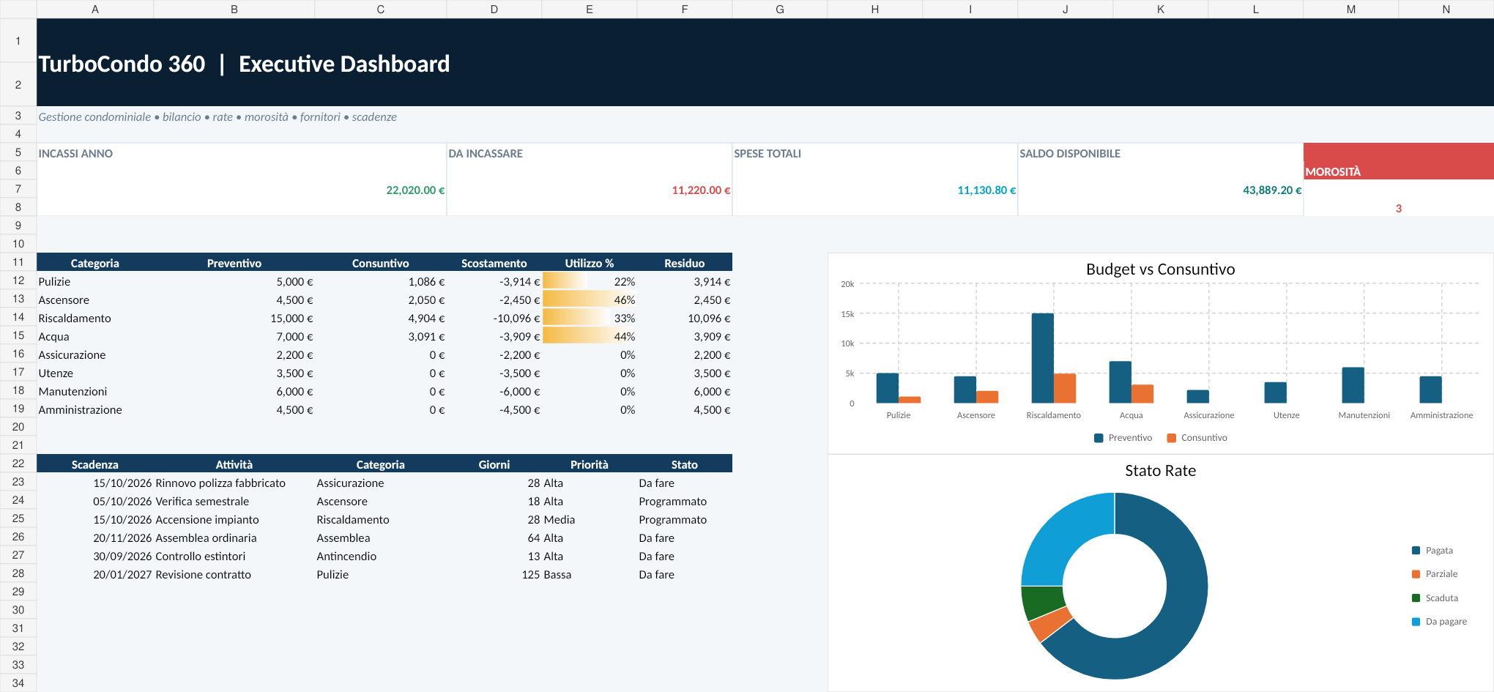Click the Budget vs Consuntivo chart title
(1160, 269)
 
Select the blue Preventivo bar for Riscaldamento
(1043, 358)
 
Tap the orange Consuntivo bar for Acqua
(1142, 394)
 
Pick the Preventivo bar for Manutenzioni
(1353, 385)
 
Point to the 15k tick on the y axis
(847, 314)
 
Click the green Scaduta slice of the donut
(1042, 602)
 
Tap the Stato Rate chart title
(1160, 471)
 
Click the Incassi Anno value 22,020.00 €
(415, 190)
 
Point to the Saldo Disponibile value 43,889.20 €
(1272, 190)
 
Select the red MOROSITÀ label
(1333, 172)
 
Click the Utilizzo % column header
(590, 264)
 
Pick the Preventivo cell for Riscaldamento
(291, 319)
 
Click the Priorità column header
(590, 465)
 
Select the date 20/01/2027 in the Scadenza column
(122, 575)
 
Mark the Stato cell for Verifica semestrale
(672, 502)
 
